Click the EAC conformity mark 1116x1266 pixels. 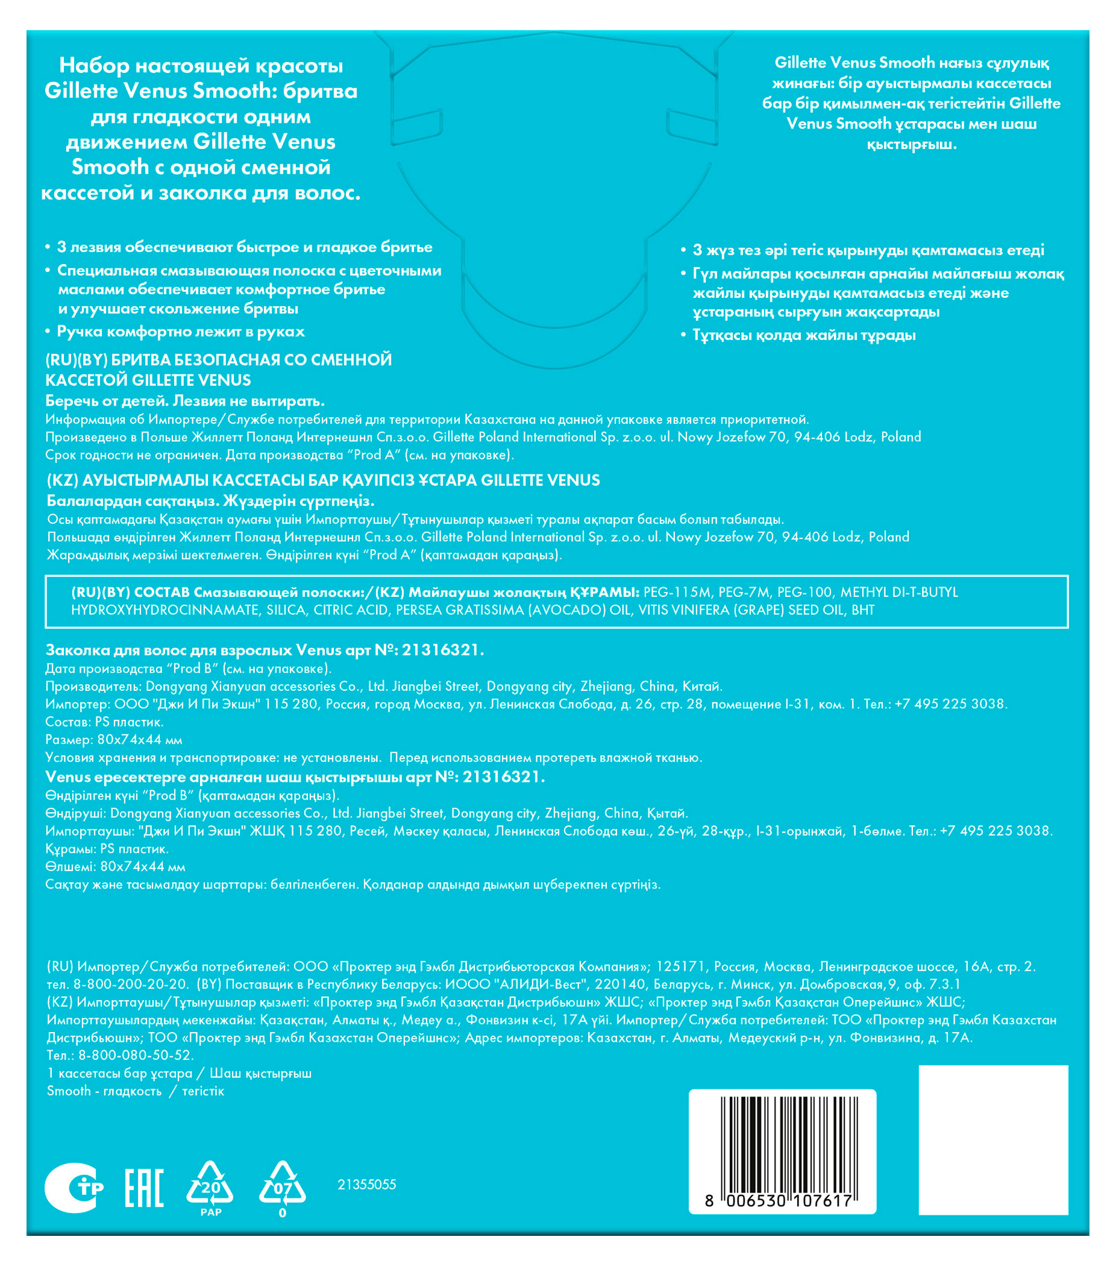[x=144, y=1188]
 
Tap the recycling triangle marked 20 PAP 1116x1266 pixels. [x=210, y=1185]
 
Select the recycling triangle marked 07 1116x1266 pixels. [x=282, y=1185]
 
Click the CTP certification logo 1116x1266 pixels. [x=74, y=1188]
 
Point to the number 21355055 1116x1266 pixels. [x=366, y=1184]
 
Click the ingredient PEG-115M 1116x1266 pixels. [x=678, y=592]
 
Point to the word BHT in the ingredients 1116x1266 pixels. [x=863, y=610]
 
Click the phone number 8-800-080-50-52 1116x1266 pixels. [x=136, y=1055]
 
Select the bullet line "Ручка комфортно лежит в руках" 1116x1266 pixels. [x=181, y=332]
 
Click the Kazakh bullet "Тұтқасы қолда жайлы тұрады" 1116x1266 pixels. [x=804, y=335]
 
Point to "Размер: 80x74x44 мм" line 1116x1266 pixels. [x=114, y=740]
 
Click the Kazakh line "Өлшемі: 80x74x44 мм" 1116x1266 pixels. [x=115, y=866]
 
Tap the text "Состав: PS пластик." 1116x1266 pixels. [x=105, y=722]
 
